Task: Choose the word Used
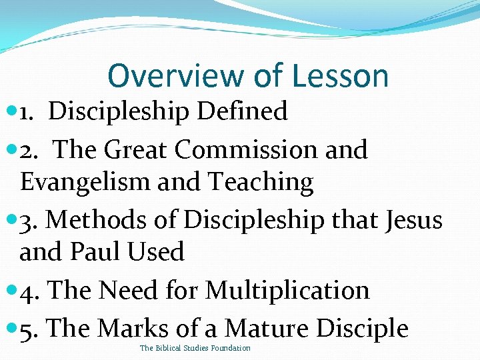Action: point(158,252)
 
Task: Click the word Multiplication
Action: point(287,290)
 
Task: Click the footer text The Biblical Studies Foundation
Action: point(195,349)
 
